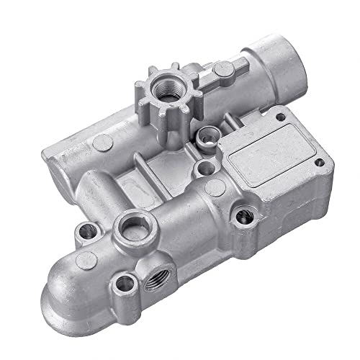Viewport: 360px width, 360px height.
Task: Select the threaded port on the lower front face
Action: [x=159, y=271]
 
